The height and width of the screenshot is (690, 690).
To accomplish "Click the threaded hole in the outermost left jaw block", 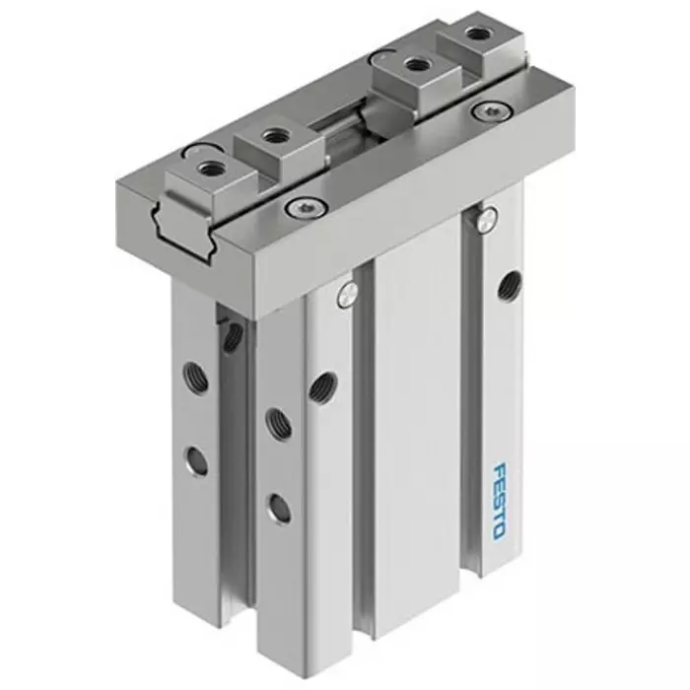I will (x=208, y=170).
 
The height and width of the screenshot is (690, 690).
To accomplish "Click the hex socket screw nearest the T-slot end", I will (x=294, y=207).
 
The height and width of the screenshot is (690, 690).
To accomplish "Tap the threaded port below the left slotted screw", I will (x=320, y=386).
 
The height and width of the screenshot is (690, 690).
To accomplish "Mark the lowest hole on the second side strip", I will (x=280, y=509).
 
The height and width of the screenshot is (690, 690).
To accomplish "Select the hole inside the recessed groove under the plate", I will (x=233, y=337).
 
